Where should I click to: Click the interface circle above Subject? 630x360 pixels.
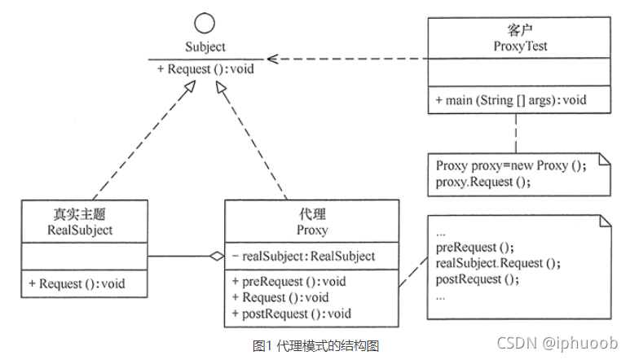point(205,22)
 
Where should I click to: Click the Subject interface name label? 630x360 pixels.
point(205,46)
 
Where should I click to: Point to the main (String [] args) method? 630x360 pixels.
point(511,100)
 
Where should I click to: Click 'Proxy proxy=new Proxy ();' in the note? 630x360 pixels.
point(511,165)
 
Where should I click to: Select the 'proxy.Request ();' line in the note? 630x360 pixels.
point(482,181)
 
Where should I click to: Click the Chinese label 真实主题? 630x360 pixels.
point(80,214)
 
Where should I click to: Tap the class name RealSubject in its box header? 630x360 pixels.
point(80,230)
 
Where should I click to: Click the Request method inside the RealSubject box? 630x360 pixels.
point(76,283)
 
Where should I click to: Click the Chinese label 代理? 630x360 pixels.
point(312,214)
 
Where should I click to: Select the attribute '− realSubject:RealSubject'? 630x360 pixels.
point(303,256)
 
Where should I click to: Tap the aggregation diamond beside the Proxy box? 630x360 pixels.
point(215,257)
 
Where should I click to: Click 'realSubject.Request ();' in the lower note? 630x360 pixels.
point(499,263)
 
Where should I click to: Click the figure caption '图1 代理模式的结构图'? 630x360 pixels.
point(315,345)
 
